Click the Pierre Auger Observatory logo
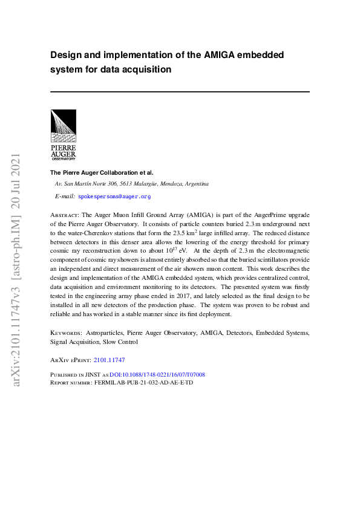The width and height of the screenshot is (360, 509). (x=63, y=134)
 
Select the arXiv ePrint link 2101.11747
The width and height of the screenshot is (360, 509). (x=109, y=360)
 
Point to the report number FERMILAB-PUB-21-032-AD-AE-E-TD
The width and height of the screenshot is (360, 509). (x=144, y=383)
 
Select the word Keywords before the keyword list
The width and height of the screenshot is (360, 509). (x=64, y=332)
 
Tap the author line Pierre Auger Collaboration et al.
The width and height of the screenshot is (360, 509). (x=102, y=172)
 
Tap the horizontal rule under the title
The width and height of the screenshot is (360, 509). (x=180, y=91)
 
